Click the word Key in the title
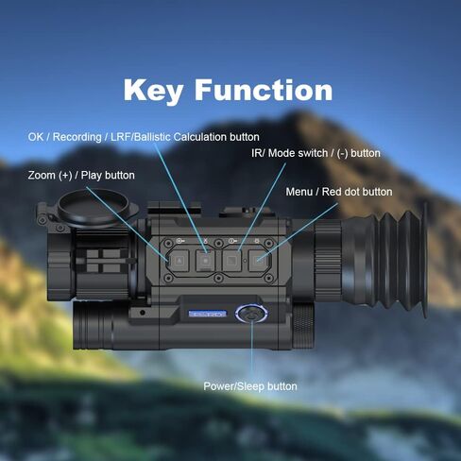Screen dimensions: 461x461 (153, 91)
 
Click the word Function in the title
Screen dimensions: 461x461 (264, 90)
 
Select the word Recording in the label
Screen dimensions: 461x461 (77, 137)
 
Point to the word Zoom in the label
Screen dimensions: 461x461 (42, 175)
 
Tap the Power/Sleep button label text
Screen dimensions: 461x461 (250, 386)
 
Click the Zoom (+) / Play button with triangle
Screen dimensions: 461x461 (179, 261)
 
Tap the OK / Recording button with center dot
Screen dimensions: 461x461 (205, 261)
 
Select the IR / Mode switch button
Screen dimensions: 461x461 (232, 261)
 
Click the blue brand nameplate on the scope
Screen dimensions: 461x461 (207, 314)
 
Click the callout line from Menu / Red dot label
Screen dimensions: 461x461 (298, 231)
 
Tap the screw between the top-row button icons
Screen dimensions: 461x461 (218, 243)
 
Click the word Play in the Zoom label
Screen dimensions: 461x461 (91, 176)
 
